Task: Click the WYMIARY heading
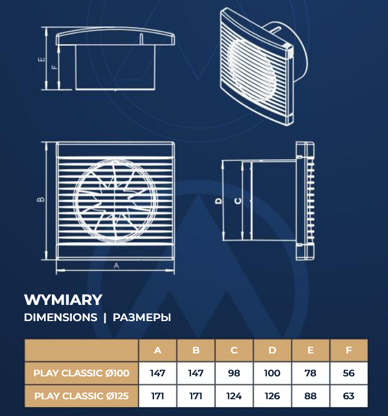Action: pyautogui.click(x=63, y=300)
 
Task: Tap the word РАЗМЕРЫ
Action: pyautogui.click(x=142, y=317)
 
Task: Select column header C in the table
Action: pyautogui.click(x=234, y=351)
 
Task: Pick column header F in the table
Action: pyautogui.click(x=349, y=351)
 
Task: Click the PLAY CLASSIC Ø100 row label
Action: pyautogui.click(x=82, y=373)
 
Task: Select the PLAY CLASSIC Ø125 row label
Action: pyautogui.click(x=82, y=396)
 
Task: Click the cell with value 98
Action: pyautogui.click(x=234, y=373)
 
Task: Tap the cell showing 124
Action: pyautogui.click(x=234, y=396)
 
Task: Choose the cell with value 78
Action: pyautogui.click(x=310, y=373)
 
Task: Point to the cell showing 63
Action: pyautogui.click(x=349, y=396)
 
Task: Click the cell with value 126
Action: pyautogui.click(x=272, y=396)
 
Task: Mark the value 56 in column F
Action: pyautogui.click(x=349, y=373)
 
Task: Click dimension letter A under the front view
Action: pyautogui.click(x=116, y=266)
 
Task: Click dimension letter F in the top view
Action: pyautogui.click(x=54, y=66)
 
